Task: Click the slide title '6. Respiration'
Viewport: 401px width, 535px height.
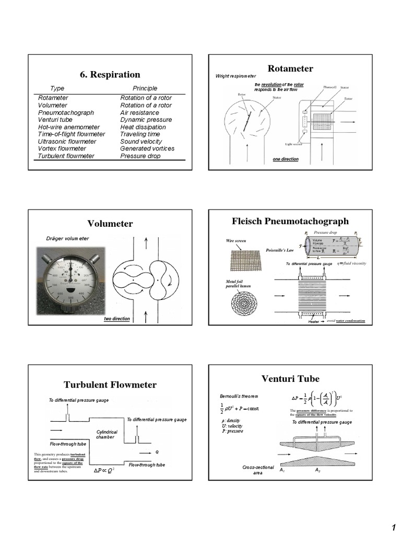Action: pyautogui.click(x=110, y=75)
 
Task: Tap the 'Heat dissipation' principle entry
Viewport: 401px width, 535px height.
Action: pyautogui.click(x=143, y=127)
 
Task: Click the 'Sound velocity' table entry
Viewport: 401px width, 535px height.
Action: pyautogui.click(x=141, y=142)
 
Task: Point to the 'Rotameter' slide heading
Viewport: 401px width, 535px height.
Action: pyautogui.click(x=290, y=68)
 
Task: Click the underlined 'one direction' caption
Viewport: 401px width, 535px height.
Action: pyautogui.click(x=286, y=159)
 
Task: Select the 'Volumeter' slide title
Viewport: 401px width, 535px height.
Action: pyautogui.click(x=110, y=224)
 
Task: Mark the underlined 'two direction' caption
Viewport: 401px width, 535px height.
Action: pyautogui.click(x=116, y=318)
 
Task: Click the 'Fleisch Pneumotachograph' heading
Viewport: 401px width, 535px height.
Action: pyautogui.click(x=290, y=221)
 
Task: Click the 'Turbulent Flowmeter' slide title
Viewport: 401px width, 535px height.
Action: pyautogui.click(x=110, y=385)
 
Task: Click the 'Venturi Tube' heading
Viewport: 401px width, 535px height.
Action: pyautogui.click(x=290, y=378)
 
